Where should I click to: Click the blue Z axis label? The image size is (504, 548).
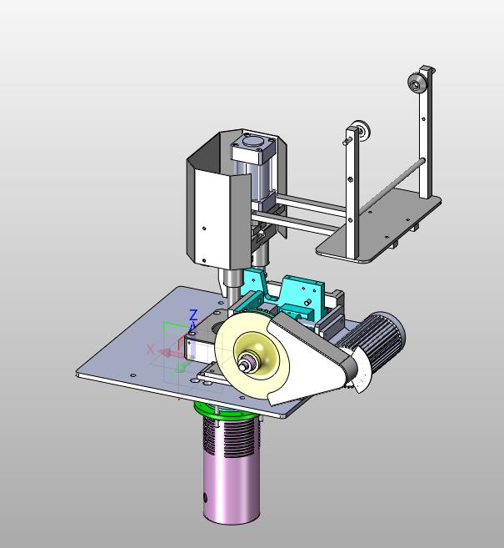click(193, 315)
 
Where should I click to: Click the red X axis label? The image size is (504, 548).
click(150, 349)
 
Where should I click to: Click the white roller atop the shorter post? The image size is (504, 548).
click(362, 130)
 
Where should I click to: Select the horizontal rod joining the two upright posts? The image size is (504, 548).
click(392, 185)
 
